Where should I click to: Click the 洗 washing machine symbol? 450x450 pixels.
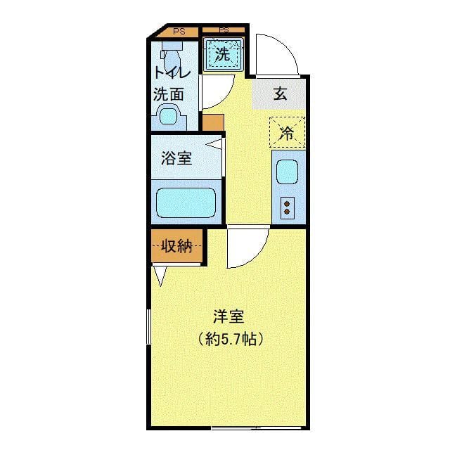click(224, 54)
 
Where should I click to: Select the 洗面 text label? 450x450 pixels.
click(169, 94)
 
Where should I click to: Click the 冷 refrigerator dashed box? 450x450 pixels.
click(287, 132)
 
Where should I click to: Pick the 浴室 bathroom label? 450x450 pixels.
click(176, 158)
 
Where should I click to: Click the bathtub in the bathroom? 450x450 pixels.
click(185, 202)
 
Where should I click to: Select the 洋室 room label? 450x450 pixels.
click(229, 316)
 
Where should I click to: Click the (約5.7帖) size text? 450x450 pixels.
click(231, 340)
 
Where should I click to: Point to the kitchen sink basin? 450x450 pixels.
click(287, 172)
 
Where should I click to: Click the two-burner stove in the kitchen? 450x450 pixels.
click(287, 207)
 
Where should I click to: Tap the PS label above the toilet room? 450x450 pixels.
click(179, 31)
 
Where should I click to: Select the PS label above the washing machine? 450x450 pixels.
click(224, 30)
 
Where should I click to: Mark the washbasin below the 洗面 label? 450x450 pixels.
click(169, 115)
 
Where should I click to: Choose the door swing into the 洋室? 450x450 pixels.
click(246, 247)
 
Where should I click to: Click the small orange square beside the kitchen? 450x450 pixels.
click(212, 121)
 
